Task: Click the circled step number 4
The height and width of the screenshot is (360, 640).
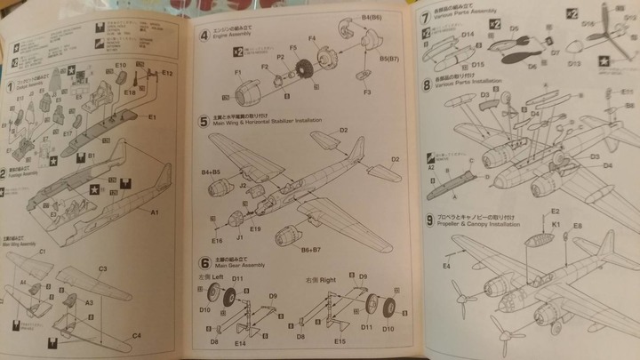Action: tap(204, 36)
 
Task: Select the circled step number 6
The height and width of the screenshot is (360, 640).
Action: tap(204, 261)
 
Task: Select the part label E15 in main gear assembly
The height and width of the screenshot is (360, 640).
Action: tap(339, 340)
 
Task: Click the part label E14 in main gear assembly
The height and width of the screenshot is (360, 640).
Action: tap(240, 341)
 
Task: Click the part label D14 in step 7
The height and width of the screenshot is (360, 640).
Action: tap(468, 34)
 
